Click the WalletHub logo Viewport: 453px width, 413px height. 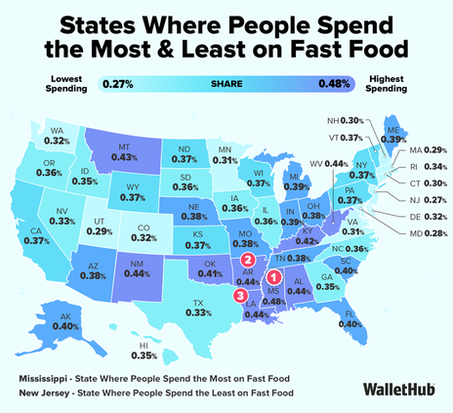pos(399,389)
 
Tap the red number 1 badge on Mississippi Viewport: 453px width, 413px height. pos(273,277)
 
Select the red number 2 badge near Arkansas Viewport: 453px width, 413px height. pos(248,260)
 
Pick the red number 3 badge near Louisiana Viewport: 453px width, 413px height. pos(240,296)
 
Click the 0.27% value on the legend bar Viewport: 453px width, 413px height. pos(118,84)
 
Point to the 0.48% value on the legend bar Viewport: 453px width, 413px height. pos(334,84)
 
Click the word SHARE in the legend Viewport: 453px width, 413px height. pos(226,84)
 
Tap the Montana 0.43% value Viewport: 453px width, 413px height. pos(124,157)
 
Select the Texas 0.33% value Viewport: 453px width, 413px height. pos(198,312)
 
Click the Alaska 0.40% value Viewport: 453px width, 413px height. pos(65,326)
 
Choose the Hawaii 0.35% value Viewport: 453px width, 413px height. pos(144,355)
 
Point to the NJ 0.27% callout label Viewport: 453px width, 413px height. pos(429,200)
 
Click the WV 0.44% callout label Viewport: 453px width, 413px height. pos(329,164)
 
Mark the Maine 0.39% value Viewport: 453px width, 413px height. pos(393,140)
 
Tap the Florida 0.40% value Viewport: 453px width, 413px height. pos(350,324)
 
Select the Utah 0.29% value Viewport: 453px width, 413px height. pos(100,231)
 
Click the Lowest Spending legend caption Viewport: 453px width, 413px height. pos(66,84)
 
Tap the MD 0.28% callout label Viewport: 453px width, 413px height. pos(429,233)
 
